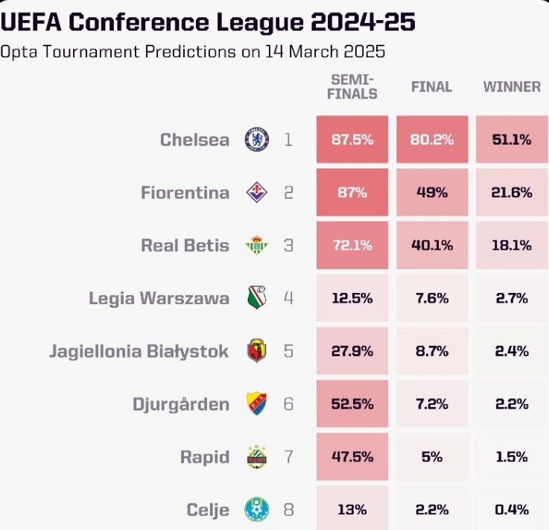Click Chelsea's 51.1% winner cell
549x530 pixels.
512,139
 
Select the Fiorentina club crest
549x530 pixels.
257,192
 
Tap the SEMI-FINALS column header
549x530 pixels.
353,86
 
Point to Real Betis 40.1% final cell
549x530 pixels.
431,245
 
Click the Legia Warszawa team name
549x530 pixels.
159,298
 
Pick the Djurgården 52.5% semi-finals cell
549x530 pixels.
352,404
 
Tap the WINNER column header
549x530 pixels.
512,86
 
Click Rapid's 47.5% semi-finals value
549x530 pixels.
352,457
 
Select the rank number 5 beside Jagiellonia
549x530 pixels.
288,351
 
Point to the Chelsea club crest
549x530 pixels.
257,139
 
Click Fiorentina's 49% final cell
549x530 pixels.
431,192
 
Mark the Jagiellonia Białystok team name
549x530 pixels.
139,351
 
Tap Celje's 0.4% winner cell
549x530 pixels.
512,510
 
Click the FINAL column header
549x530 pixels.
431,86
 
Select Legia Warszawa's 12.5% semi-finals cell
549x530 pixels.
352,298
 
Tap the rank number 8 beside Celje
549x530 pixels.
288,510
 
